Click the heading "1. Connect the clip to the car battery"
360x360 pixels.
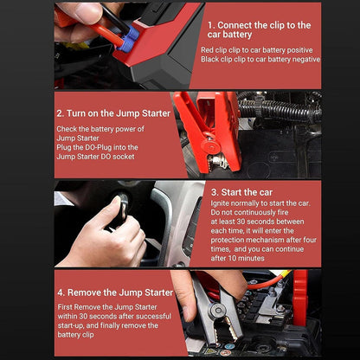[259, 29]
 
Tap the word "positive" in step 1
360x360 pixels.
[299, 50]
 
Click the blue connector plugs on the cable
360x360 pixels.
[129, 39]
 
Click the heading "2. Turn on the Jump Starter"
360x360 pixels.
[113, 113]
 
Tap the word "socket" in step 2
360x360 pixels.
[124, 157]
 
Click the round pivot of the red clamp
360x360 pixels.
[211, 145]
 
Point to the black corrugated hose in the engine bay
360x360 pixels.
[280, 110]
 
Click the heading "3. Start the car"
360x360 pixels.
[241, 192]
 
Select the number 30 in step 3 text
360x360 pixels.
[241, 222]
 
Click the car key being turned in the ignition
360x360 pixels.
[122, 209]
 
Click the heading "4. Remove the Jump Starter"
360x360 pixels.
[115, 292]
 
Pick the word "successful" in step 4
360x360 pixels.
[153, 316]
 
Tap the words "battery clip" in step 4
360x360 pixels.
[75, 335]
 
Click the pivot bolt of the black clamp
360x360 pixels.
[218, 311]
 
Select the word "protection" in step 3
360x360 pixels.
[228, 240]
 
